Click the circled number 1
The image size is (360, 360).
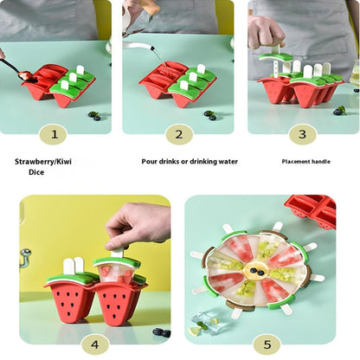point(54,134)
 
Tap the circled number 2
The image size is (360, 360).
point(178,134)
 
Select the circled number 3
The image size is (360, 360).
point(301,134)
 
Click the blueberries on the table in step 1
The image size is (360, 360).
point(93,114)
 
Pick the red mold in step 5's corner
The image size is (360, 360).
point(312,210)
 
